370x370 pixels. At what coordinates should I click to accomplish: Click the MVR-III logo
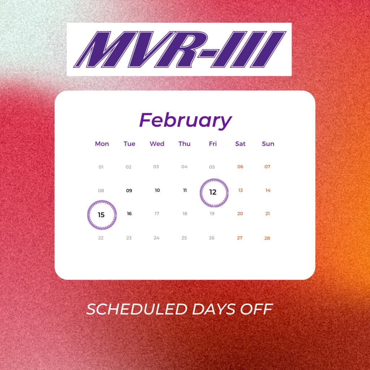tap(180, 49)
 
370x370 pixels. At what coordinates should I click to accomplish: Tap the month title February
tap(186, 121)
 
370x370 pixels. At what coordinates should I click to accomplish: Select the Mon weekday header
tap(102, 144)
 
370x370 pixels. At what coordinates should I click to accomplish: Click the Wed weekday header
tap(157, 144)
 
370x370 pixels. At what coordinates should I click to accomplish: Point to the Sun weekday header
tap(268, 144)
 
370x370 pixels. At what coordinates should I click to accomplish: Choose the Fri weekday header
tap(212, 144)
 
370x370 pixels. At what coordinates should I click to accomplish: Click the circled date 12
tap(214, 193)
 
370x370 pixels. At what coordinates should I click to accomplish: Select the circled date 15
tap(102, 215)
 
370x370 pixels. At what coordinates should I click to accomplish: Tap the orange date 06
tap(240, 167)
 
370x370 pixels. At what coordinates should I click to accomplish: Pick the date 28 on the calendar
tap(267, 238)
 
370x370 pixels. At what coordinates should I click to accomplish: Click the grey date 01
tap(101, 167)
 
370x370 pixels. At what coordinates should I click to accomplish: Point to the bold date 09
tap(129, 190)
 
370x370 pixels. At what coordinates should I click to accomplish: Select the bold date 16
tap(129, 214)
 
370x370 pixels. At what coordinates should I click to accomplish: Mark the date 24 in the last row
tap(156, 238)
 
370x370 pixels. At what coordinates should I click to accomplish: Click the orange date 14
tap(268, 190)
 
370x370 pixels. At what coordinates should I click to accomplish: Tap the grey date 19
tap(212, 214)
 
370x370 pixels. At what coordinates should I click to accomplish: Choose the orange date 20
tap(240, 214)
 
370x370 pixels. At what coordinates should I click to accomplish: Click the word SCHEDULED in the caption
tap(137, 309)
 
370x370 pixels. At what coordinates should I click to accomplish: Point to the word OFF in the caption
tap(257, 309)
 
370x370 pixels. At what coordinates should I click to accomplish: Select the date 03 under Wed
tap(156, 167)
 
